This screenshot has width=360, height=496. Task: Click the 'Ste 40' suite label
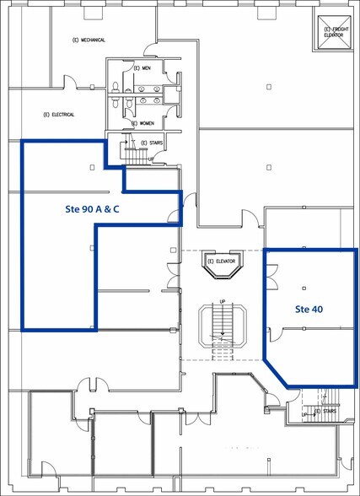[309, 309]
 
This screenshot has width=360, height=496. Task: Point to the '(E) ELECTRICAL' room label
[58, 115]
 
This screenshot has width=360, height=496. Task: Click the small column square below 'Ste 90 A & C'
[90, 247]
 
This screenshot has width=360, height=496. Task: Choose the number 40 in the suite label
[317, 309]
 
